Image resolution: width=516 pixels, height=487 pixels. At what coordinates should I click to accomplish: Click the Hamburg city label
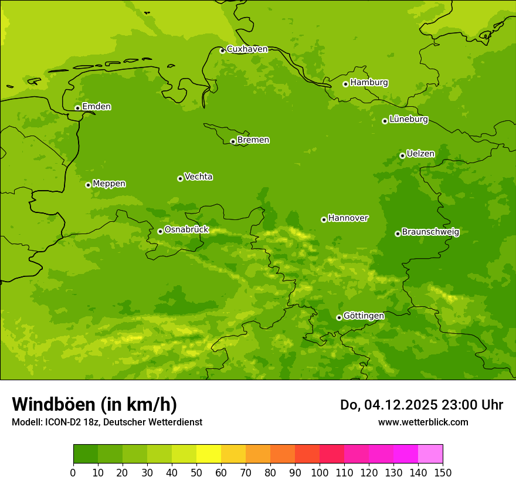pos(369,83)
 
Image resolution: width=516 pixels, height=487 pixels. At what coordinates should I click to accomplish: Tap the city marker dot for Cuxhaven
pos(222,50)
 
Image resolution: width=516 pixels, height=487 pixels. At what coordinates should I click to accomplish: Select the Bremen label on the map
pos(253,140)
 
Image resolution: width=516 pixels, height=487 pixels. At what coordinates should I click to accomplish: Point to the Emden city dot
pos(77,108)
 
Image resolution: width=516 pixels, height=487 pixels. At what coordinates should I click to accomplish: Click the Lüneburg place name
pos(409,120)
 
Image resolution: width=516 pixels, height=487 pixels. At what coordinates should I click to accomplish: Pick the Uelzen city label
pos(420,154)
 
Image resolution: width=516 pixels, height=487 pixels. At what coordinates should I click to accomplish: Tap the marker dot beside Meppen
pos(89,185)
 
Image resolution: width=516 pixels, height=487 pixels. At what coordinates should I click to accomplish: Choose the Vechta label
pos(198,177)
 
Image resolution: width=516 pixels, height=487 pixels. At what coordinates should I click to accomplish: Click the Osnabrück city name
pos(186,230)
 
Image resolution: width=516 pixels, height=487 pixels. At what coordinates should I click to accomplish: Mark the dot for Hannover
pos(324,219)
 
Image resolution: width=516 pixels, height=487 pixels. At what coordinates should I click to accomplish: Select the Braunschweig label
pos(430,232)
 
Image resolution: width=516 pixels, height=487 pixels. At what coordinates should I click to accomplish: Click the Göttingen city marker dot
pos(339,317)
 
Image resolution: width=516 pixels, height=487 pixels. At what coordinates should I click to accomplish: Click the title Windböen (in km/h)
pos(94,404)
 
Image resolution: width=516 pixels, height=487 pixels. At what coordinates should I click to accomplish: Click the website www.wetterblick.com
pos(423,422)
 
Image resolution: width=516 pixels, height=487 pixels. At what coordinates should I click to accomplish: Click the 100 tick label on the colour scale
pos(320,472)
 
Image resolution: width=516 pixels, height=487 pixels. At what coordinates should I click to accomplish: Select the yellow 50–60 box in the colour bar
pos(209,454)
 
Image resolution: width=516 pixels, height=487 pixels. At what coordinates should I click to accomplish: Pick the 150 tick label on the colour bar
pos(443,472)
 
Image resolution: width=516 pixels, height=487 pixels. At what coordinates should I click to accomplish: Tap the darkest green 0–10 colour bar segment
pos(86,454)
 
